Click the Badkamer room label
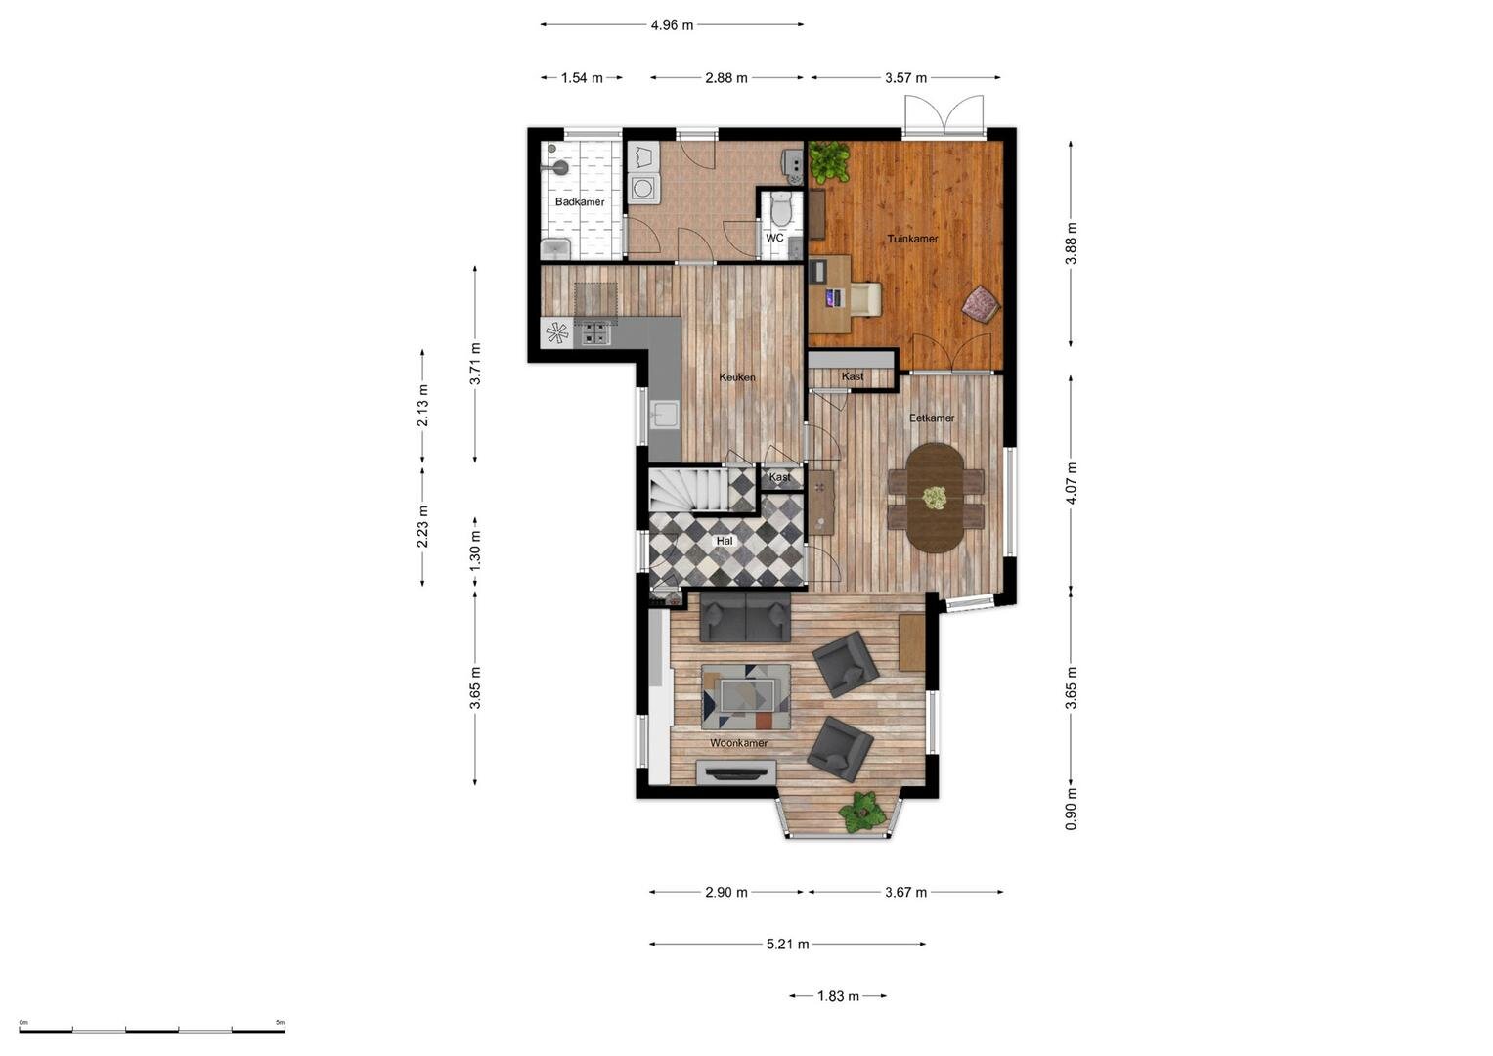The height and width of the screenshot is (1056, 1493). [x=580, y=201]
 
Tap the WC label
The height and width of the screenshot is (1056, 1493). [x=774, y=238]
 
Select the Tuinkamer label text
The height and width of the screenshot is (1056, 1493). [x=912, y=238]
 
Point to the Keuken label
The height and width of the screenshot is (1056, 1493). [x=737, y=376]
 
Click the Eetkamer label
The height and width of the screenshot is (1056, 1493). [x=932, y=418]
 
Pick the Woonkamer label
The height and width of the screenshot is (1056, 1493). [x=738, y=743]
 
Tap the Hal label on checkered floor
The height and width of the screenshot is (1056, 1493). [x=725, y=541]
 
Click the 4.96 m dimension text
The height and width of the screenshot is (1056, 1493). [x=672, y=24]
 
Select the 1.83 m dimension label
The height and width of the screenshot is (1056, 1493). [x=839, y=996]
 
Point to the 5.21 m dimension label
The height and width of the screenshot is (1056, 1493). [x=787, y=944]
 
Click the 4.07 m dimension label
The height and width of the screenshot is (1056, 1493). [x=1071, y=483]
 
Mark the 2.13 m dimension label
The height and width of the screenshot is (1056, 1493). [x=422, y=406]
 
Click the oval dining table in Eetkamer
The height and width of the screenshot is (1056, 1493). [x=936, y=498]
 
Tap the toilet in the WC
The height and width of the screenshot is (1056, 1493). [x=780, y=208]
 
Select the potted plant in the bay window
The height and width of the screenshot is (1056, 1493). [x=862, y=812]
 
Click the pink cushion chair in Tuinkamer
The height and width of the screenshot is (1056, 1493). [x=981, y=305]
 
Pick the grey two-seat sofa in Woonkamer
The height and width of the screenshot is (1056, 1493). [x=745, y=616]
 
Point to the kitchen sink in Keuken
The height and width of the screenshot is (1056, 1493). [x=665, y=415]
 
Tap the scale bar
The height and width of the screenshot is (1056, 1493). [x=152, y=1030]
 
